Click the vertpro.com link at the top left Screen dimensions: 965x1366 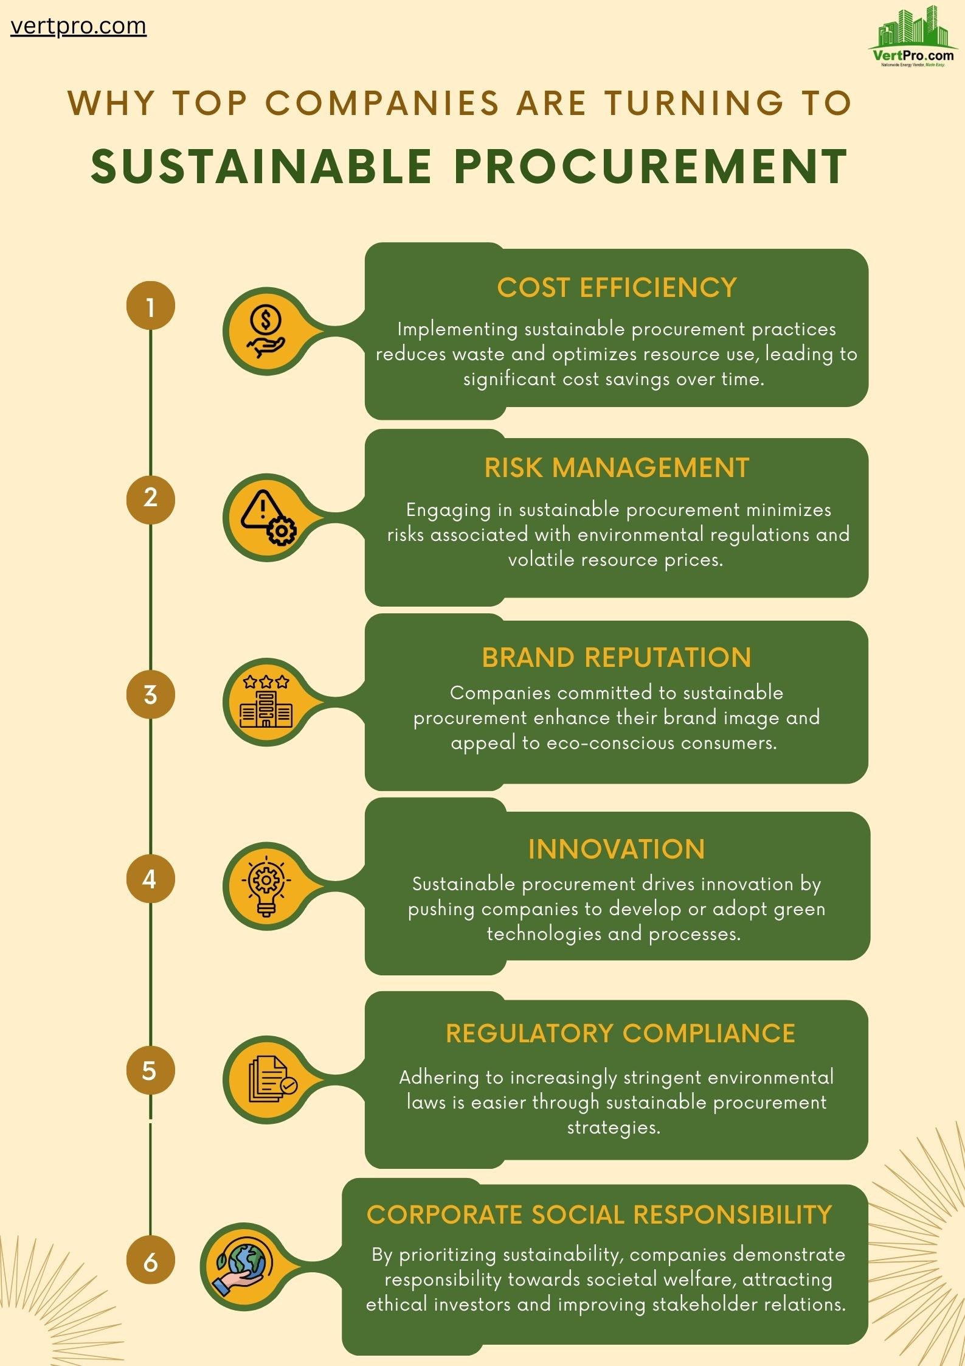coord(78,26)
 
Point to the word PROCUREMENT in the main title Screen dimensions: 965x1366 coord(651,166)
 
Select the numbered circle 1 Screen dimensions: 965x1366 coord(150,306)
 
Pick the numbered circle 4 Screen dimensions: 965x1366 coord(150,879)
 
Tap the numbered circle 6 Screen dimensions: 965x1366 coord(150,1263)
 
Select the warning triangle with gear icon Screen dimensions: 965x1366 coord(268,517)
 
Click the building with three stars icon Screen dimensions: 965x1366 coord(266,702)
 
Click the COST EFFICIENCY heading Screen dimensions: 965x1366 coord(617,288)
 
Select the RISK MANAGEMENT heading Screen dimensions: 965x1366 coord(617,468)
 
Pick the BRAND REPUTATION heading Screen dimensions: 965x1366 coord(617,658)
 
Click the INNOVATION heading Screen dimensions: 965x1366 coord(617,849)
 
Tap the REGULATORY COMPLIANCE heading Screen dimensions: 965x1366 coord(620,1034)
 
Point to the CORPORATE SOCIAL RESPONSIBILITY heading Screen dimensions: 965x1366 coord(599,1215)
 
